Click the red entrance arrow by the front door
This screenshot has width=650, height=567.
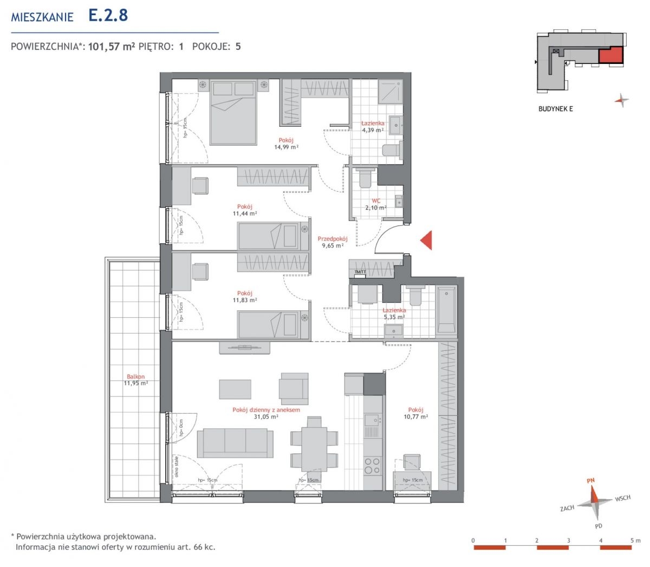point(427,240)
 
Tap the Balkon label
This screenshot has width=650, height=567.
point(135,376)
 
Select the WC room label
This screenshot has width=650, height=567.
point(376,201)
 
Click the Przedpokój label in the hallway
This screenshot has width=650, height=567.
point(333,239)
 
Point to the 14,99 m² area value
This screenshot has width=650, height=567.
point(286,147)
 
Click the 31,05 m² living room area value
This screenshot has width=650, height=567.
point(266,417)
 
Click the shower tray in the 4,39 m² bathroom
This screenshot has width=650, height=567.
point(391,92)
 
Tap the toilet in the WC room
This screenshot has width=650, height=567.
point(365,178)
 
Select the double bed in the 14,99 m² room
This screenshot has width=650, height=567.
point(233,113)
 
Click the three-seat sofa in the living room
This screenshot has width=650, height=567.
point(235,443)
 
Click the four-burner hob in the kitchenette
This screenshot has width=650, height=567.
point(372,465)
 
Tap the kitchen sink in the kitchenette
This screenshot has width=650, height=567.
point(372,420)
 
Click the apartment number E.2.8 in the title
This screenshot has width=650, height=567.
point(108,15)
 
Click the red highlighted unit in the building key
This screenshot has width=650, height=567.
point(610,55)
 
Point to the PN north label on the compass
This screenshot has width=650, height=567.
point(590,480)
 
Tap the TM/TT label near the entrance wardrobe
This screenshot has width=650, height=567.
point(360,272)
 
